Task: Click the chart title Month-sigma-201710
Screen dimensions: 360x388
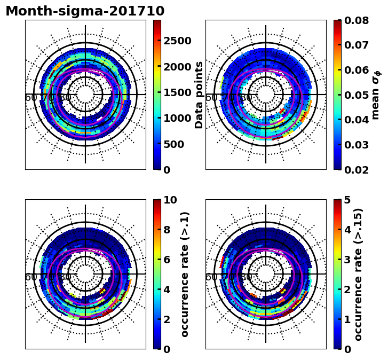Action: tap(85, 11)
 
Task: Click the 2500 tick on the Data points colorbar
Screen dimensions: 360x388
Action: tap(177, 41)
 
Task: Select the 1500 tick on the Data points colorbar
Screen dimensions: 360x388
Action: tap(177, 92)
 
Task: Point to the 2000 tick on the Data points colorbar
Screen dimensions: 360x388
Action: tap(177, 67)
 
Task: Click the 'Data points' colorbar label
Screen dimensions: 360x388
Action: tap(200, 95)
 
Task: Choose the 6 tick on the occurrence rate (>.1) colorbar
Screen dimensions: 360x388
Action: tap(167, 260)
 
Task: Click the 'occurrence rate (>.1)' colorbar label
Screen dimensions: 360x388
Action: tap(185, 274)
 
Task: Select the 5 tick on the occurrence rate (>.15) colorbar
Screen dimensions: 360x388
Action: tap(347, 200)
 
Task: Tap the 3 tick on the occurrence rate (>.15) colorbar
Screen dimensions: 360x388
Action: tap(347, 260)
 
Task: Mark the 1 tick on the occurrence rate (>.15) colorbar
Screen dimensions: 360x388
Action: tap(347, 319)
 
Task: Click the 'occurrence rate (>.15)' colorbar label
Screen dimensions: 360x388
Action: tap(359, 274)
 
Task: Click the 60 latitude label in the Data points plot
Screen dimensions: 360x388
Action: tap(30, 98)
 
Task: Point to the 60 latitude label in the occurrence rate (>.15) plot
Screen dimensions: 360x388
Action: tap(211, 277)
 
